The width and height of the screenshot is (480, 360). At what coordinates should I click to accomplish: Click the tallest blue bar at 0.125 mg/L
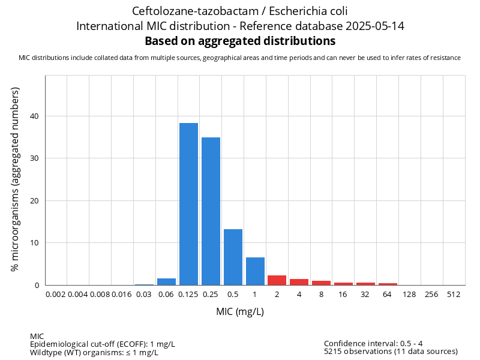coord(188,204)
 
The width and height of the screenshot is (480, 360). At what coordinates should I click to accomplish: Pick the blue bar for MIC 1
coord(255,271)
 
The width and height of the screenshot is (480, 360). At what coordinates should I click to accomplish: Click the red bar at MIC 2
coord(277,280)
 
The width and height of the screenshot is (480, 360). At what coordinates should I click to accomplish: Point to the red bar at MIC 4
coord(299,282)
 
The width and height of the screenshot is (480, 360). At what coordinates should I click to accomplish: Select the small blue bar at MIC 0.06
coord(166,282)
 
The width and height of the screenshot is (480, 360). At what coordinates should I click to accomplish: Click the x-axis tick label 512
coord(454,295)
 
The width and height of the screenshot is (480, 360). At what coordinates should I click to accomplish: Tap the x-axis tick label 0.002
coord(55,295)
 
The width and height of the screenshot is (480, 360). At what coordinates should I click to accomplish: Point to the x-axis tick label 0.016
coord(122,295)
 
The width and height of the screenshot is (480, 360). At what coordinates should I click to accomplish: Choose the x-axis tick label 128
coord(410,295)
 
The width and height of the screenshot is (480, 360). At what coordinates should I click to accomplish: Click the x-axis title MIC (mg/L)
coord(240,312)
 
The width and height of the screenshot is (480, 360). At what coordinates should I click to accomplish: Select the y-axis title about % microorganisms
coord(16,179)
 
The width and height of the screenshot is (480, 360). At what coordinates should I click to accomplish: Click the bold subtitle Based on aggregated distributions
coord(240,41)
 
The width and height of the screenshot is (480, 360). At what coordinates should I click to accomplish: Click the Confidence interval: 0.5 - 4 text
coord(373,344)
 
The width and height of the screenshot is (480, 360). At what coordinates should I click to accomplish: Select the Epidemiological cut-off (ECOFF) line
coord(103,344)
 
